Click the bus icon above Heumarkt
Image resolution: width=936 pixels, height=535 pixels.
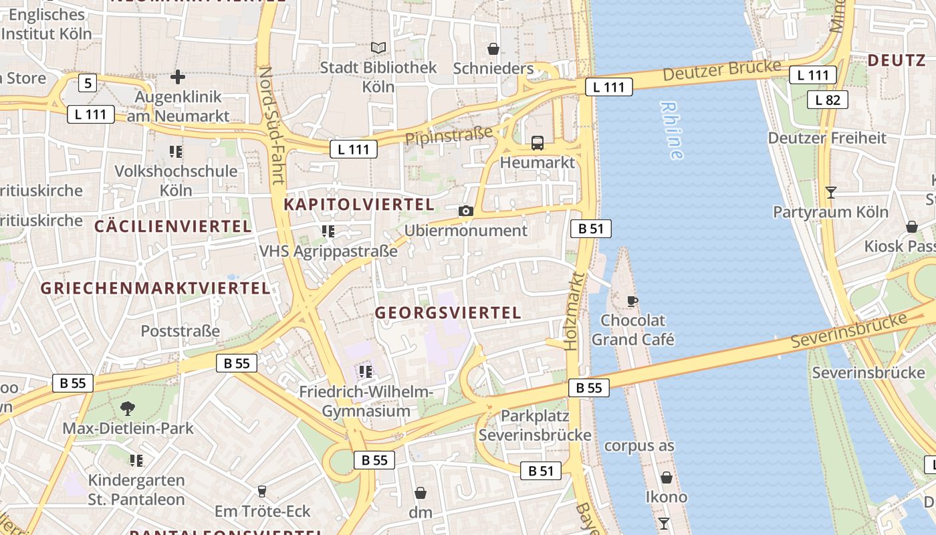(538, 142)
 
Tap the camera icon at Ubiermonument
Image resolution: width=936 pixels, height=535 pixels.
(466, 211)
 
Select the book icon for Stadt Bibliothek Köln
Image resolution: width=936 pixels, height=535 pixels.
(378, 48)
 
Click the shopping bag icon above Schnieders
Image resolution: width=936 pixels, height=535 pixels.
(493, 49)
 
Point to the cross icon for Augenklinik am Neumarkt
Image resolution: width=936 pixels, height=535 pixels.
(178, 78)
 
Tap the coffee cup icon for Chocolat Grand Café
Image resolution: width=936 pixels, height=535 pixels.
(632, 301)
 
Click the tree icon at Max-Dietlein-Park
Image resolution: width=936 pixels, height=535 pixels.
(127, 408)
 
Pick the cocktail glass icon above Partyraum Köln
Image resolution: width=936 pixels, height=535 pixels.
(830, 193)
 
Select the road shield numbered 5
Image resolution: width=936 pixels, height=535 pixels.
(88, 84)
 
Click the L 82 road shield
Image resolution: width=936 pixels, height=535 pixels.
(828, 100)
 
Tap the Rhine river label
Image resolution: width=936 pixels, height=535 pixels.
(671, 130)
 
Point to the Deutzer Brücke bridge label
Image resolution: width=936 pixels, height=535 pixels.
(721, 70)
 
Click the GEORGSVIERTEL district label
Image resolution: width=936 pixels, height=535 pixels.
(447, 312)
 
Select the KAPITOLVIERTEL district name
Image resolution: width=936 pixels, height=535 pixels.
(359, 204)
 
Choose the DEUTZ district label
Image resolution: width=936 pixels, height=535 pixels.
(897, 60)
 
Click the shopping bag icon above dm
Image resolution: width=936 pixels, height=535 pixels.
(421, 494)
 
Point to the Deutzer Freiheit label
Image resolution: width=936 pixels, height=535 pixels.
(827, 138)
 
